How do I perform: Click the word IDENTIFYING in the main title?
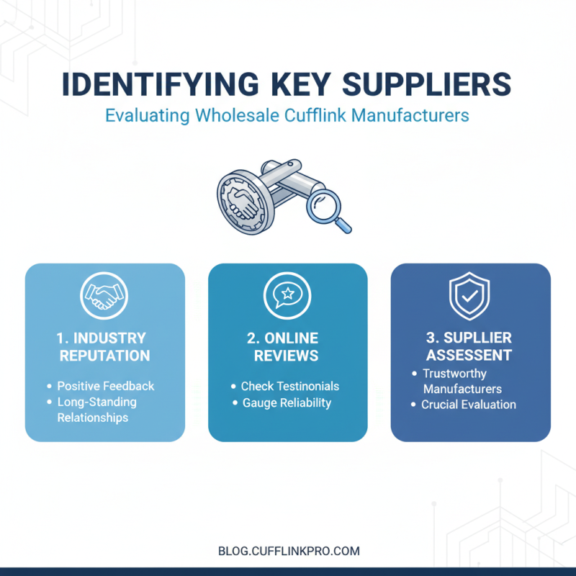pos(161,84)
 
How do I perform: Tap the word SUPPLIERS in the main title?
pos(426,84)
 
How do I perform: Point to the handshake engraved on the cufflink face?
pos(242,203)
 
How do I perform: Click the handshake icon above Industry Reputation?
pos(104,296)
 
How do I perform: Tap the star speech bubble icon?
pos(287,296)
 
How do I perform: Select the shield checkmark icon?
pos(469,296)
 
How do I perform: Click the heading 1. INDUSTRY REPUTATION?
pos(103,347)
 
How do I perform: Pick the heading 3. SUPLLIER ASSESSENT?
pos(469,346)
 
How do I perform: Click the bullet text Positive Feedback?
pos(106,386)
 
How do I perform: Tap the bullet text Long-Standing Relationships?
pos(97,410)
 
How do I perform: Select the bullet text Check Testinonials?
pos(290,386)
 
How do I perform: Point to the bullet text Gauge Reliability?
pos(287,403)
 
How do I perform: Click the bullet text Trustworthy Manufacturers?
pos(462,381)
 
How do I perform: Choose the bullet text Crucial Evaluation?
pos(469,405)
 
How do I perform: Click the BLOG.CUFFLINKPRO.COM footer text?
pos(289,551)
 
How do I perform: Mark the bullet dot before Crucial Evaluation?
pos(413,405)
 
